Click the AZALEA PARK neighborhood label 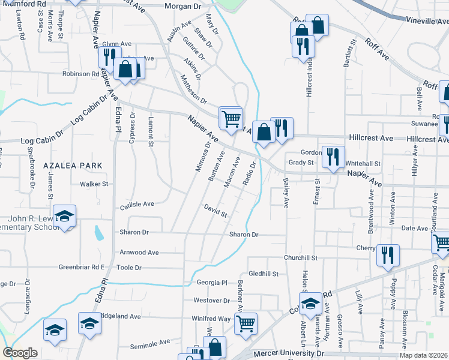click(68, 165)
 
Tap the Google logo click(20, 353)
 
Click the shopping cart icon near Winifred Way click(246, 323)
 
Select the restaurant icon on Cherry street click(388, 254)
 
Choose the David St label click(215, 211)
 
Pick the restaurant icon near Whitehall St click(333, 155)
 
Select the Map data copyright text click(422, 355)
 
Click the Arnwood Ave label click(139, 253)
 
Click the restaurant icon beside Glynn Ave click(109, 57)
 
